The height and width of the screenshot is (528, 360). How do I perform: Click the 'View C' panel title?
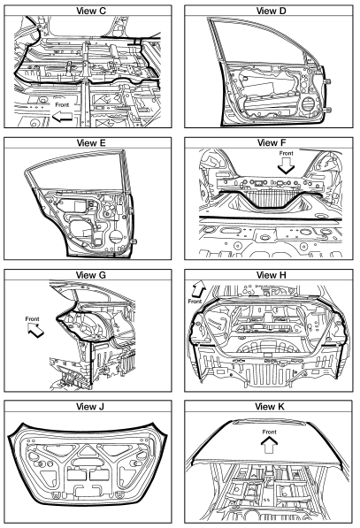[91, 11]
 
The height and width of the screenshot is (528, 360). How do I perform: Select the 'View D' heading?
[271, 11]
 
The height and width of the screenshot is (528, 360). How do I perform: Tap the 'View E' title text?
[91, 142]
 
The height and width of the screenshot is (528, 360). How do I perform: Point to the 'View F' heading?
[271, 142]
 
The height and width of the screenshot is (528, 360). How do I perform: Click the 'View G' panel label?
[91, 275]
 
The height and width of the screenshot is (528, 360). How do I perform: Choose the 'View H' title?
[271, 275]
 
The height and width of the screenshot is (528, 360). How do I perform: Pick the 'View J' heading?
[90, 407]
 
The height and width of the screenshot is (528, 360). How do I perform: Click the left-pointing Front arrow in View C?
[62, 117]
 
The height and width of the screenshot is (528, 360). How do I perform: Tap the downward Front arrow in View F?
[286, 165]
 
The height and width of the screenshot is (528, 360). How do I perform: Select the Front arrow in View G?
[35, 330]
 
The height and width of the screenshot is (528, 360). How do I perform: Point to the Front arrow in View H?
[198, 288]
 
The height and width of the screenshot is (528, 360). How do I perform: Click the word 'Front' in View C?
[62, 104]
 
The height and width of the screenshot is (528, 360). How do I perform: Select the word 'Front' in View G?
[33, 318]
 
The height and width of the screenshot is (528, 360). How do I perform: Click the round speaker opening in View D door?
[308, 103]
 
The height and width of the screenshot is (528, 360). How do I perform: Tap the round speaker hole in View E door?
[116, 235]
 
